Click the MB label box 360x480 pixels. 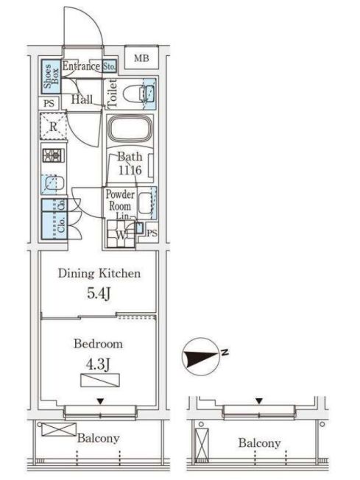141,57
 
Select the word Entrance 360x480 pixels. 80,66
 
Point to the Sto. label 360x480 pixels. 108,66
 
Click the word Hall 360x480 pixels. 82,99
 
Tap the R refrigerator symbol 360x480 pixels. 54,127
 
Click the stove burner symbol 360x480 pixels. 54,155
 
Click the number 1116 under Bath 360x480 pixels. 130,170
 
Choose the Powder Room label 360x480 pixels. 119,200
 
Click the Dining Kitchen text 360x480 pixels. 99,274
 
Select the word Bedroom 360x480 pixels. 98,343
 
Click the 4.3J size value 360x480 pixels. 98,363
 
